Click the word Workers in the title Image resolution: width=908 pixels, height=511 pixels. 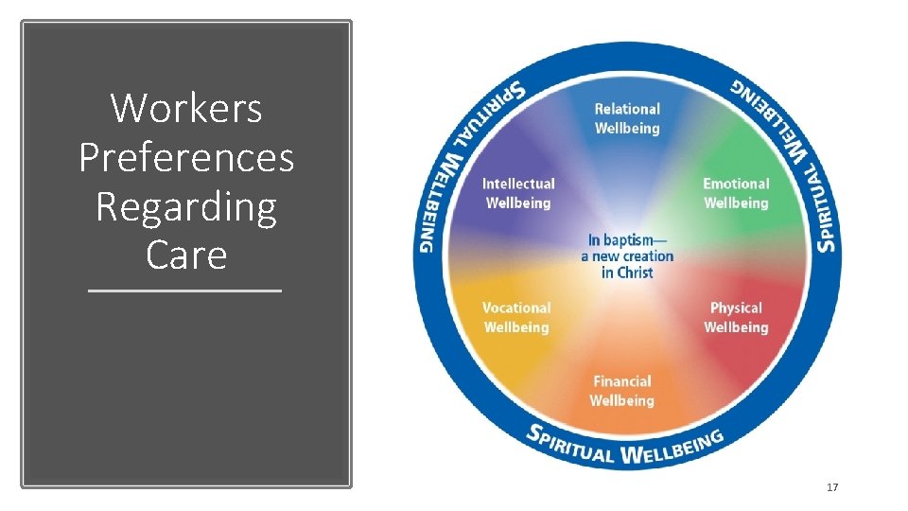click(x=186, y=108)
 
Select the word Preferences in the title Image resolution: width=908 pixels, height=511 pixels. click(x=186, y=157)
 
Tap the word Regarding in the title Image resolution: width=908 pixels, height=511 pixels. click(x=186, y=206)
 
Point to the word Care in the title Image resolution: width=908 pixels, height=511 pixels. click(x=186, y=255)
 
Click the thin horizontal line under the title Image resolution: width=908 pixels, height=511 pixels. click(x=185, y=291)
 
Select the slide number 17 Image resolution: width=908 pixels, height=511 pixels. click(x=832, y=487)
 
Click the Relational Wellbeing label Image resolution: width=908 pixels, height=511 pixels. click(x=627, y=118)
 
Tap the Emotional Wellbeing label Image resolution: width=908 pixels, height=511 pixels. click(x=736, y=193)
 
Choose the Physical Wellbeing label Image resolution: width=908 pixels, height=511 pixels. click(x=736, y=317)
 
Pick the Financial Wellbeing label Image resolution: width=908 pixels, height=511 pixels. click(x=622, y=391)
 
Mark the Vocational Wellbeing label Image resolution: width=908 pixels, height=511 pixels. click(x=516, y=317)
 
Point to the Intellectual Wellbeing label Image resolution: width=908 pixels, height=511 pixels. click(x=518, y=193)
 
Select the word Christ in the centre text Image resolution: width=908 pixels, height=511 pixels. click(x=635, y=273)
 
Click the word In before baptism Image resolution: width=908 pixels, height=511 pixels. click(x=595, y=239)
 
